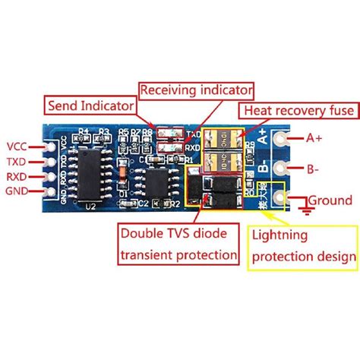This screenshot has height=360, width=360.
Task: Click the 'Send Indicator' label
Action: point(91,104)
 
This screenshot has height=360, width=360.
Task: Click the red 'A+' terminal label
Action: point(314,137)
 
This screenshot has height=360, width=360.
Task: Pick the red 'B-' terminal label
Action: point(312,169)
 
